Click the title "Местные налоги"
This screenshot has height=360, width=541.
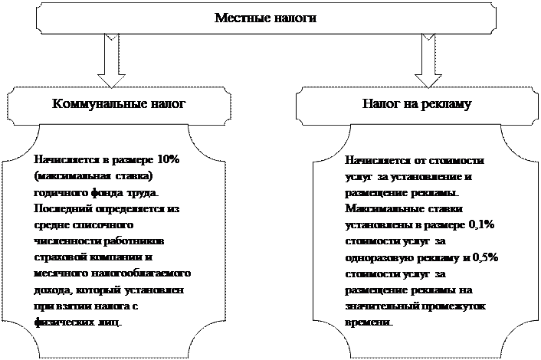coord(264,16)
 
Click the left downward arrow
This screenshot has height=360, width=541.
coord(112,62)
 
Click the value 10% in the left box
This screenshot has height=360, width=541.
coord(167,160)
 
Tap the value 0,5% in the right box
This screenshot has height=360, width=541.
coord(484,257)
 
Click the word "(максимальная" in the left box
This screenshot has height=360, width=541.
coord(64,175)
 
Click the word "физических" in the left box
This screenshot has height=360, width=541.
coord(60,322)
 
